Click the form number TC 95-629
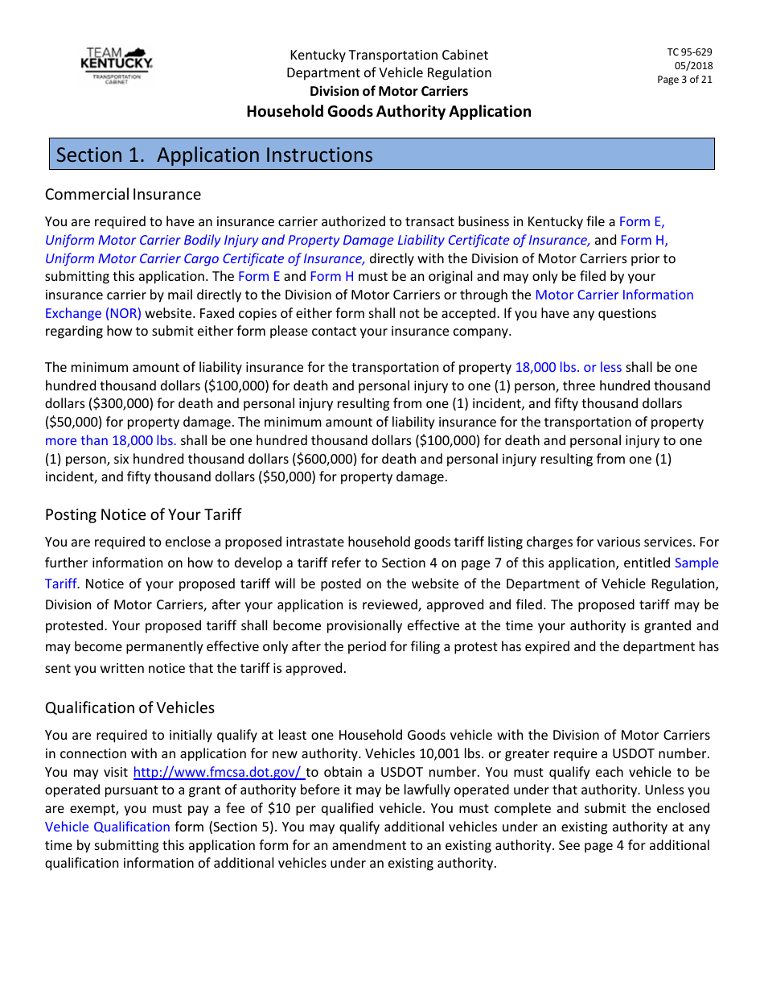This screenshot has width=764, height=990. [689, 52]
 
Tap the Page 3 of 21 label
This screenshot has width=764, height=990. [684, 80]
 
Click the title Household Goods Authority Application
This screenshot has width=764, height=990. [388, 112]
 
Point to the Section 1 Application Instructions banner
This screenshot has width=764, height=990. [382, 155]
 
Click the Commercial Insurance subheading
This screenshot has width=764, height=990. [123, 194]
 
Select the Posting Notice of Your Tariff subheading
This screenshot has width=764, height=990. [143, 514]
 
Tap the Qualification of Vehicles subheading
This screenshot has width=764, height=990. [129, 707]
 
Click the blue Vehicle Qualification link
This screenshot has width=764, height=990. [108, 827]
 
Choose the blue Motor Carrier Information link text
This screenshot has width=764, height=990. [614, 295]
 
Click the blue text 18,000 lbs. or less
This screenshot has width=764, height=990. [568, 367]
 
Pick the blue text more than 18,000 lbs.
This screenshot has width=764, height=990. [111, 440]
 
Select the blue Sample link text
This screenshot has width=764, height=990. [696, 563]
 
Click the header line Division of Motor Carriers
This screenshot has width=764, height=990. [388, 91]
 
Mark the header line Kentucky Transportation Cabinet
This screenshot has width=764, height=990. [388, 55]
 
